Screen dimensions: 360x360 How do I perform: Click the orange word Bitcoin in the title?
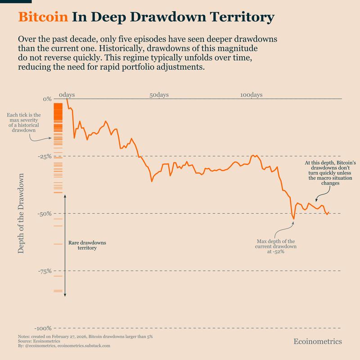point(43,17)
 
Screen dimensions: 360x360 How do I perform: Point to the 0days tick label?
point(67,95)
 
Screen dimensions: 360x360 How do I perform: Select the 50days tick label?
point(159,95)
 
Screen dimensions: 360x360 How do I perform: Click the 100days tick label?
point(251,95)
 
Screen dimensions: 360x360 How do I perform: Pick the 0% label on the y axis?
point(46,99)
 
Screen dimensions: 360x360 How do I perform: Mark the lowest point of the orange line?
point(293,219)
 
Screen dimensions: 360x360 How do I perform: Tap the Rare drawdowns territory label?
point(87,245)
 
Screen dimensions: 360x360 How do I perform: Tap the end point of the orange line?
point(329,212)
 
